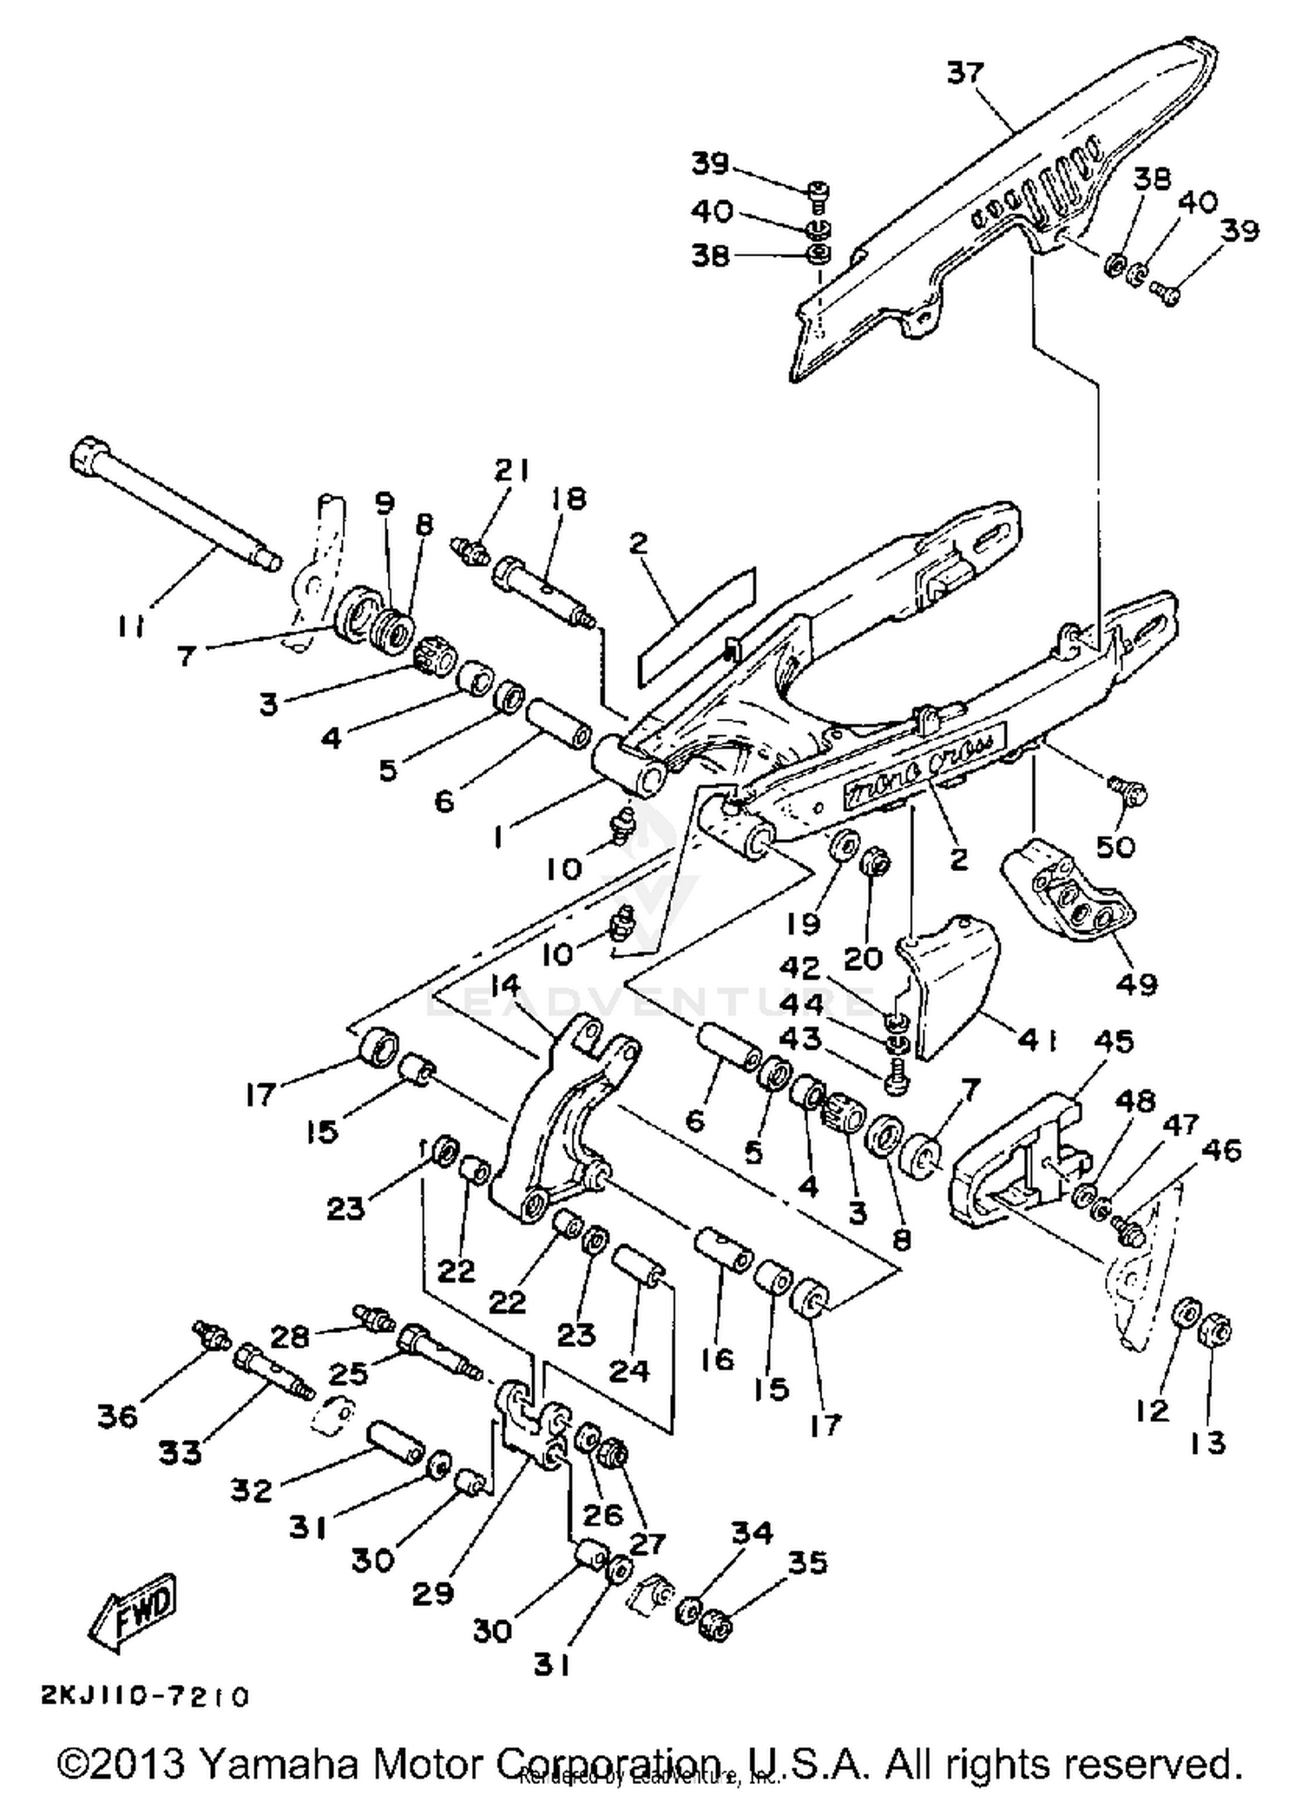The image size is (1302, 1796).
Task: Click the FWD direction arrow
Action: pyautogui.click(x=136, y=1612)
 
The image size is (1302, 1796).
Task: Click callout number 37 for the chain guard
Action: pyautogui.click(x=965, y=72)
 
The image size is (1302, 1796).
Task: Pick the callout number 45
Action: pyautogui.click(x=1114, y=1040)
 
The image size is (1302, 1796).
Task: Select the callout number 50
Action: pyautogui.click(x=1115, y=846)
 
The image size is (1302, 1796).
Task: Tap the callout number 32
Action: pyautogui.click(x=253, y=1490)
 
